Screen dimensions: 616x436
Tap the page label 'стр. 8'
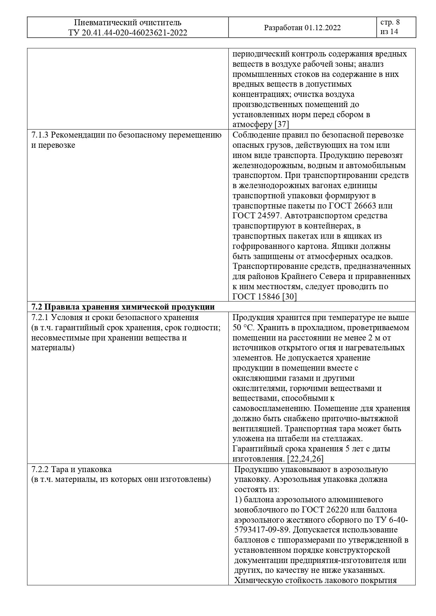[x=390, y=22]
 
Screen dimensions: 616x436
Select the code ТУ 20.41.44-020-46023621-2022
[x=128, y=33]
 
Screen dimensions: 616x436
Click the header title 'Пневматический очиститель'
[x=128, y=23]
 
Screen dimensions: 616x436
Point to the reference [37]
[x=281, y=125]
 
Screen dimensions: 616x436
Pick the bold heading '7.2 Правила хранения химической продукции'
[x=123, y=307]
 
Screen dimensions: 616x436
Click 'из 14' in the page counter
[x=389, y=32]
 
